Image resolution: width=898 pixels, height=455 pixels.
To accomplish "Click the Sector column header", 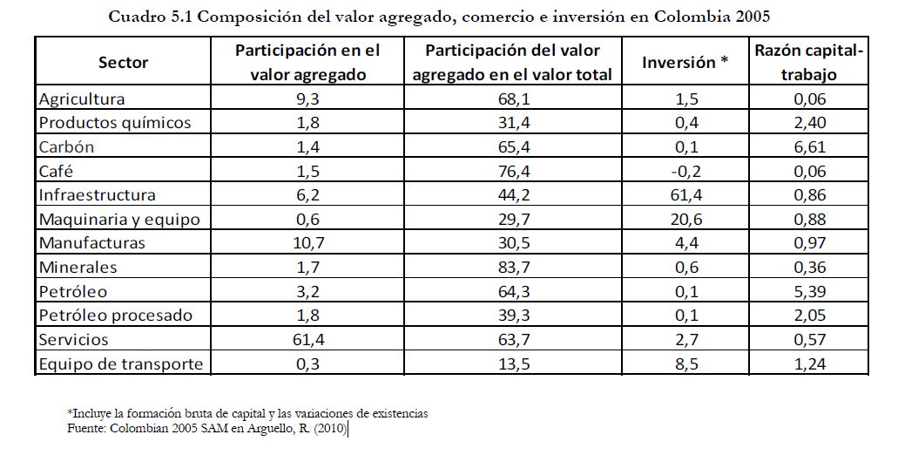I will point(123,62).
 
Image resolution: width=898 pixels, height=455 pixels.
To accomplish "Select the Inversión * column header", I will point(684,62).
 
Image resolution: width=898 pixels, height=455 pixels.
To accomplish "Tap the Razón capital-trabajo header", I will point(808,62).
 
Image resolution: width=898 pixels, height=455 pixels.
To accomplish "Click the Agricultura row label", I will point(82,98).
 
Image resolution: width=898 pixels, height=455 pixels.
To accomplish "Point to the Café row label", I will point(57,170).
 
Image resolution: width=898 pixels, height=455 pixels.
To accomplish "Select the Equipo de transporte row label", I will point(120,363).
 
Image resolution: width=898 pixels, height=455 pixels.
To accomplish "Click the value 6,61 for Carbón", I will point(808,146).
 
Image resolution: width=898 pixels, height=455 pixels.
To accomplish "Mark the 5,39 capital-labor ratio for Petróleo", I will point(808,291).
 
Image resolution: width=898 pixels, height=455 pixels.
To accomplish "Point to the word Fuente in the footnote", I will point(85,428).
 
